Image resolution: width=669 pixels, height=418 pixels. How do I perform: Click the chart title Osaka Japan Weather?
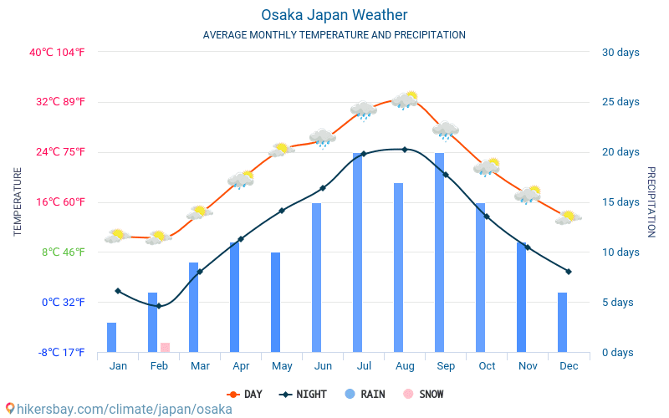334,15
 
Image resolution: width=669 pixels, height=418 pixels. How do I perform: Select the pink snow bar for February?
165,347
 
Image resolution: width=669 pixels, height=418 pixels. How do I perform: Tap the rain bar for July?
358,252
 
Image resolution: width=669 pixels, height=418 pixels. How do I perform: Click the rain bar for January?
112,337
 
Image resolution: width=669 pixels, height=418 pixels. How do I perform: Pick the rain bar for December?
563,322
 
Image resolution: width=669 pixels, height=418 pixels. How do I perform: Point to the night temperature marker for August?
405,150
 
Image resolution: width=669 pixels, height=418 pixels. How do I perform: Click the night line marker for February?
159,306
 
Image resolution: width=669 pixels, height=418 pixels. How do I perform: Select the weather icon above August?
406,99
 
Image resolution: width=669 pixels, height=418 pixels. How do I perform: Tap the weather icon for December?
569,217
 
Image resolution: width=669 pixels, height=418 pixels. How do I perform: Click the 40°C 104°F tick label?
57,53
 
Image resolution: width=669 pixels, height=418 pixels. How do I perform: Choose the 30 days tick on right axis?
620,53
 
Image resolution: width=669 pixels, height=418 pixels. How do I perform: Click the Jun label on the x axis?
323,366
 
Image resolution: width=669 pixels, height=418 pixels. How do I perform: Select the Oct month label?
487,366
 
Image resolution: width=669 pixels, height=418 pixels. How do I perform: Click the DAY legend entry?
245,394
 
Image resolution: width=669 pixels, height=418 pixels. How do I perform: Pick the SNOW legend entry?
423,394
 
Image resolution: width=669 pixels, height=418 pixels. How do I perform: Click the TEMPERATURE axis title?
18,201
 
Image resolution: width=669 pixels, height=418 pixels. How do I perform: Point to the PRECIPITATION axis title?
651,201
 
